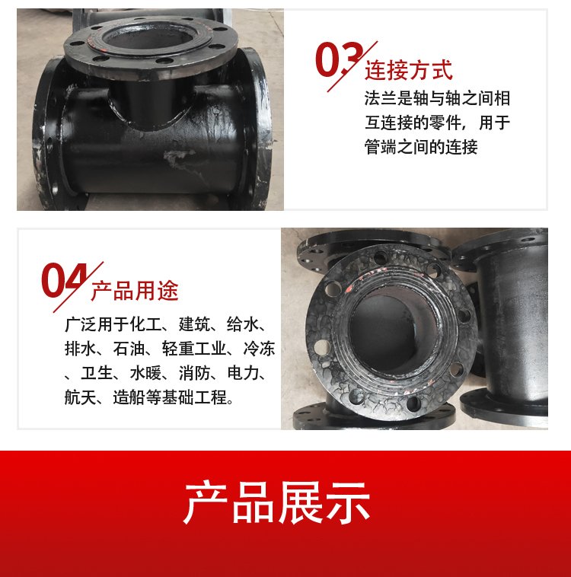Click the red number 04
tap(65, 280)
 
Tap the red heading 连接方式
tap(408, 70)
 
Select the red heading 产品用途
tap(135, 290)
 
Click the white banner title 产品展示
tap(277, 502)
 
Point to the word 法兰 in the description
tap(381, 99)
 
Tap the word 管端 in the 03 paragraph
tap(381, 147)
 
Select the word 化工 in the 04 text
tap(145, 324)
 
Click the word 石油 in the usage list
tap(129, 349)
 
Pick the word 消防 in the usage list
tap(195, 373)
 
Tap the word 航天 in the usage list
tap(80, 397)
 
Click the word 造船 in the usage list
tap(129, 397)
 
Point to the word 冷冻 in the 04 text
tap(259, 349)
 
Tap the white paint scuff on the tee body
tap(176, 157)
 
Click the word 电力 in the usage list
tap(244, 373)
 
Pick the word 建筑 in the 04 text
tap(195, 324)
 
